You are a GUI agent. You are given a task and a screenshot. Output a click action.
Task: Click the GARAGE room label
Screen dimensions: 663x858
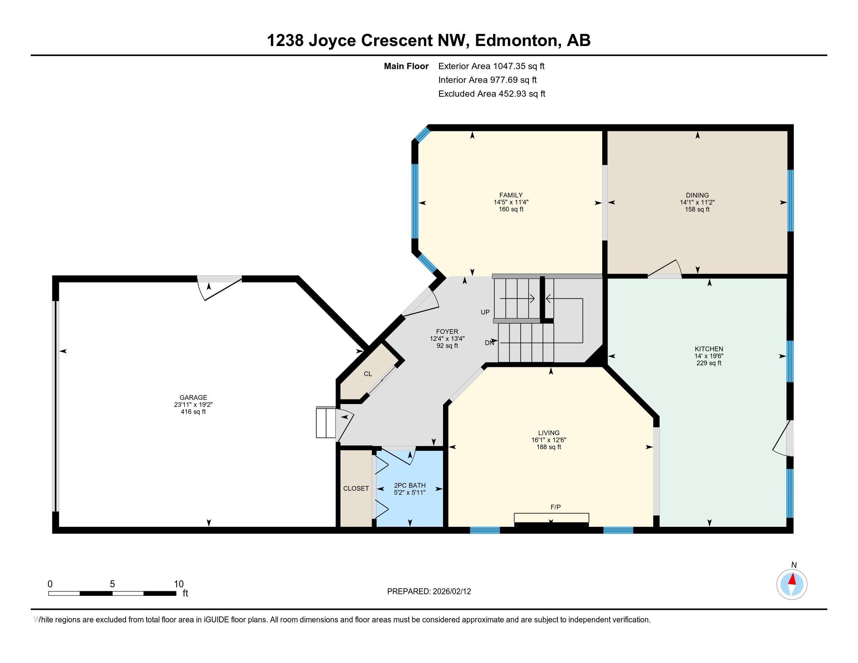coord(193,397)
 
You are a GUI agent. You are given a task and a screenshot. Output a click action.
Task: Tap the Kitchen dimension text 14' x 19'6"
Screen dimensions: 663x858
coord(709,356)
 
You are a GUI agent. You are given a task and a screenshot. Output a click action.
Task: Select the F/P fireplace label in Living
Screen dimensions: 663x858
coord(555,507)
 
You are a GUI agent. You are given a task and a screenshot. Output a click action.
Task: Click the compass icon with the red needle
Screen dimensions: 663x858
coord(792,584)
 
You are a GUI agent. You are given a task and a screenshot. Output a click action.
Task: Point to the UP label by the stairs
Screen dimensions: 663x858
coord(485,312)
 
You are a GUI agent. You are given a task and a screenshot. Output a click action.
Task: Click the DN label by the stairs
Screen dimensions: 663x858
coord(489,342)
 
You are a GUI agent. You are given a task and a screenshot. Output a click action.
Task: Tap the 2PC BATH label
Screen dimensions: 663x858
coord(410,485)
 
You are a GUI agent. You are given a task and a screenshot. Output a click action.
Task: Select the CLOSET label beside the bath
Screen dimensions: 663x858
coord(356,488)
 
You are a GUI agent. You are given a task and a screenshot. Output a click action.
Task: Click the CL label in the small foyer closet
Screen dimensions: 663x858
coord(368,374)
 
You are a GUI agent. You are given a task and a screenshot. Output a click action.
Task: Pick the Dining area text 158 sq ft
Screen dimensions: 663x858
coord(697,209)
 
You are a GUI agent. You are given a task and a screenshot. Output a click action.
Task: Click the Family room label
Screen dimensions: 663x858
coord(511,195)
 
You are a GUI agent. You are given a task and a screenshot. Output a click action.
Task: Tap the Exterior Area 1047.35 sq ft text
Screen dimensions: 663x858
coord(491,66)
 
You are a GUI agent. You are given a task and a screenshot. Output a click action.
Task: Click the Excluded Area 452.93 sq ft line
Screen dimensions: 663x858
coord(491,94)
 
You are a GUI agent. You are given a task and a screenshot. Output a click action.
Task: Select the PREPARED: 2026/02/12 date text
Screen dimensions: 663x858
coord(429,591)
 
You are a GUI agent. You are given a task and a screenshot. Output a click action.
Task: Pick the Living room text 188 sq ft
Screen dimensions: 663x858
coord(549,447)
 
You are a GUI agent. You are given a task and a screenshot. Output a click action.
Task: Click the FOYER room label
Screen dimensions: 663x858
coord(447,331)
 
